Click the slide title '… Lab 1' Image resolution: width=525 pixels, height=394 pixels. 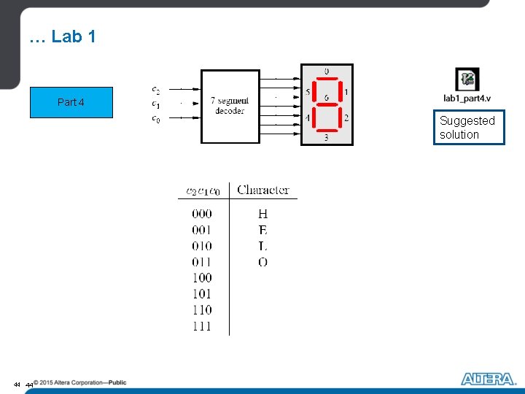(x=62, y=37)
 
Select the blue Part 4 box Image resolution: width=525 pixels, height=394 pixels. (x=71, y=102)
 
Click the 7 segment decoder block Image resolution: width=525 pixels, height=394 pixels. (x=230, y=106)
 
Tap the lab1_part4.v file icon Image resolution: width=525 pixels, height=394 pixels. (x=467, y=80)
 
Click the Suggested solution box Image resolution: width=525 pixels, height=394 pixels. (x=468, y=128)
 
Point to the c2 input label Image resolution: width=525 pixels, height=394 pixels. (x=156, y=90)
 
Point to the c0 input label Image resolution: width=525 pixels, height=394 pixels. (x=156, y=118)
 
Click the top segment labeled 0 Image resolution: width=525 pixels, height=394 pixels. (x=326, y=79)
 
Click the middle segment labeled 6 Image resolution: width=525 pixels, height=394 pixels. (x=326, y=104)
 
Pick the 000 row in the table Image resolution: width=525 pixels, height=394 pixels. (x=202, y=214)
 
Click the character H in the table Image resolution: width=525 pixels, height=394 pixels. (x=262, y=214)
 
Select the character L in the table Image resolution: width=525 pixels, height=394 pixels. (x=262, y=246)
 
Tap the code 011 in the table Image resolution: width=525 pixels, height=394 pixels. (x=202, y=262)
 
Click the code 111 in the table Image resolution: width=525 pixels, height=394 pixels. (x=202, y=326)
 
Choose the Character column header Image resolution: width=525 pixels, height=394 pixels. (x=263, y=190)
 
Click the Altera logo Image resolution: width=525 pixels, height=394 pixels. (x=488, y=379)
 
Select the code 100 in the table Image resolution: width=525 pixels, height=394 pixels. (x=202, y=278)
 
